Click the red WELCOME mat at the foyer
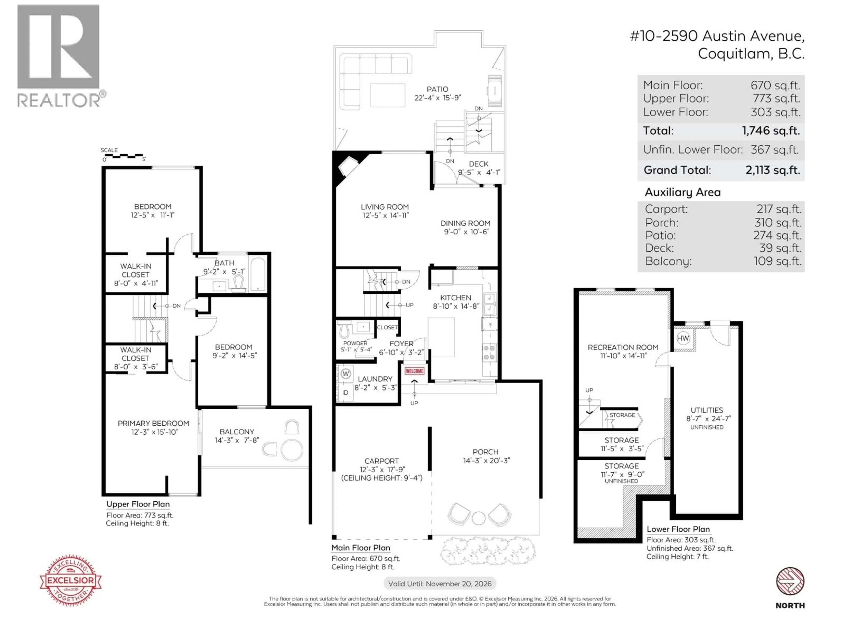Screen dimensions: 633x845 click(x=415, y=371)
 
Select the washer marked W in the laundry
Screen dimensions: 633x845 click(x=346, y=374)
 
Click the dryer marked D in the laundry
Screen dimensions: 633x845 click(x=346, y=393)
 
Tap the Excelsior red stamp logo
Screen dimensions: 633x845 click(x=71, y=580)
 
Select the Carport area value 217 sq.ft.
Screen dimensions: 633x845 click(x=779, y=209)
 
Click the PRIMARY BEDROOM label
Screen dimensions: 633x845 click(x=153, y=423)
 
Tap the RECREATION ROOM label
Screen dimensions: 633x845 click(x=623, y=347)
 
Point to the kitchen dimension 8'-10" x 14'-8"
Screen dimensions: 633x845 click(x=456, y=306)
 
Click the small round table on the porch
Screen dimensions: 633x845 click(x=478, y=518)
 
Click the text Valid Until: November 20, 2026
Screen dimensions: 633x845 click(x=440, y=583)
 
